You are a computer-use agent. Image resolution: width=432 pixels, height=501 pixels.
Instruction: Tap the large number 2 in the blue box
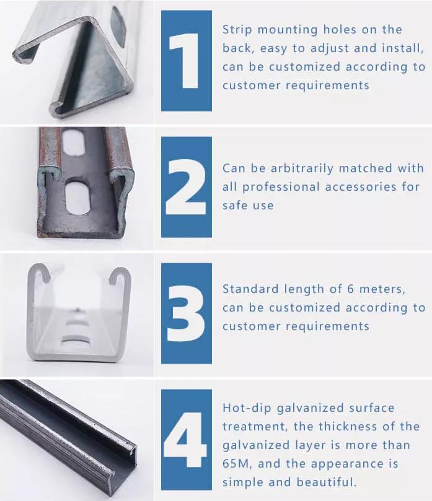[x=186, y=186]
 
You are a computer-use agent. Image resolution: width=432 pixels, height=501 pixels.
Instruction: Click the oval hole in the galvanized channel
[x=117, y=23]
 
